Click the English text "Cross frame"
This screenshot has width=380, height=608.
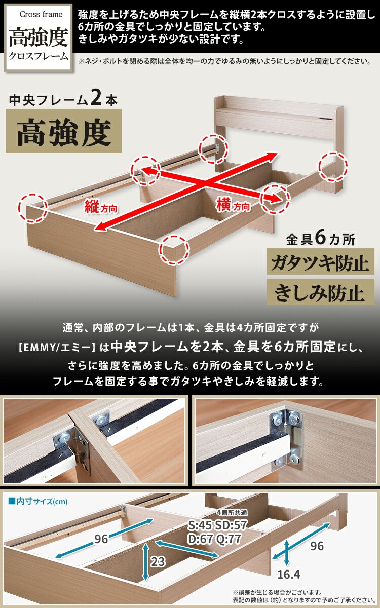tap(41, 14)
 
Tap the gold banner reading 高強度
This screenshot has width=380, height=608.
tap(63, 131)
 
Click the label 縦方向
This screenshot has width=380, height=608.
tap(101, 207)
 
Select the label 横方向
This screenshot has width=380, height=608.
tap(233, 205)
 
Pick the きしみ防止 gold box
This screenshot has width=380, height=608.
tap(321, 293)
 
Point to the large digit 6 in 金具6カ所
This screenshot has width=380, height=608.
tap(320, 238)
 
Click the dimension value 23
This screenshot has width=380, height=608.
tap(158, 561)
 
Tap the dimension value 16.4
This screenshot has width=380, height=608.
tap(288, 574)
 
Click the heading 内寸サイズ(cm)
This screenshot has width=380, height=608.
tap(37, 501)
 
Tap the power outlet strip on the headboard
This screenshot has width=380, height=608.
tap(326, 119)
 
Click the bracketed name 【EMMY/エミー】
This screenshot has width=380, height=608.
tap(56, 348)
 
